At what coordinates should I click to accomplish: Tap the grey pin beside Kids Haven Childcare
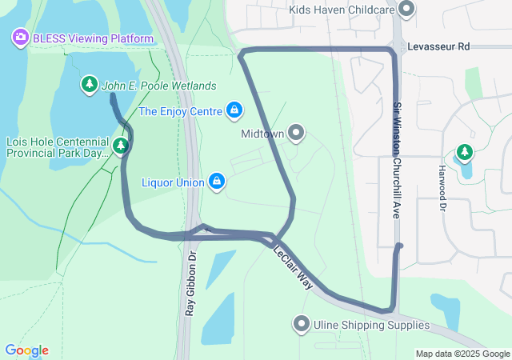tap(406, 10)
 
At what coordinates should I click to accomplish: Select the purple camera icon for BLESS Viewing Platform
tap(20, 37)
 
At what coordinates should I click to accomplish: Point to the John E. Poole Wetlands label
tap(158, 86)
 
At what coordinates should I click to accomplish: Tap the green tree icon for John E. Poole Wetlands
tap(89, 85)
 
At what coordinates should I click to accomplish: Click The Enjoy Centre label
tap(180, 111)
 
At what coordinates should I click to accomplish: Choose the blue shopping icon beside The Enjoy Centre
tap(234, 110)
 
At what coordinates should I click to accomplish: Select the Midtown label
tap(262, 134)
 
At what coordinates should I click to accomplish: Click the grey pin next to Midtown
tap(297, 132)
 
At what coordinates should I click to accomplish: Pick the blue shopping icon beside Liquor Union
tap(217, 182)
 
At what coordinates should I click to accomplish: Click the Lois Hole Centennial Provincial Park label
tap(56, 146)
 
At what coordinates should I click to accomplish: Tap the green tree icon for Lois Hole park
tap(120, 146)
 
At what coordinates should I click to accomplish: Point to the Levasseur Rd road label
tap(438, 47)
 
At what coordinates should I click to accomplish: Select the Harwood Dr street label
tap(442, 189)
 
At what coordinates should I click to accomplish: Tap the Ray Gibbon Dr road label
tap(190, 284)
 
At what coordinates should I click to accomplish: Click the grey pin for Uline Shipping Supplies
tap(302, 324)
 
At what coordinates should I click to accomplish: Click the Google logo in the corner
tap(26, 350)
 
